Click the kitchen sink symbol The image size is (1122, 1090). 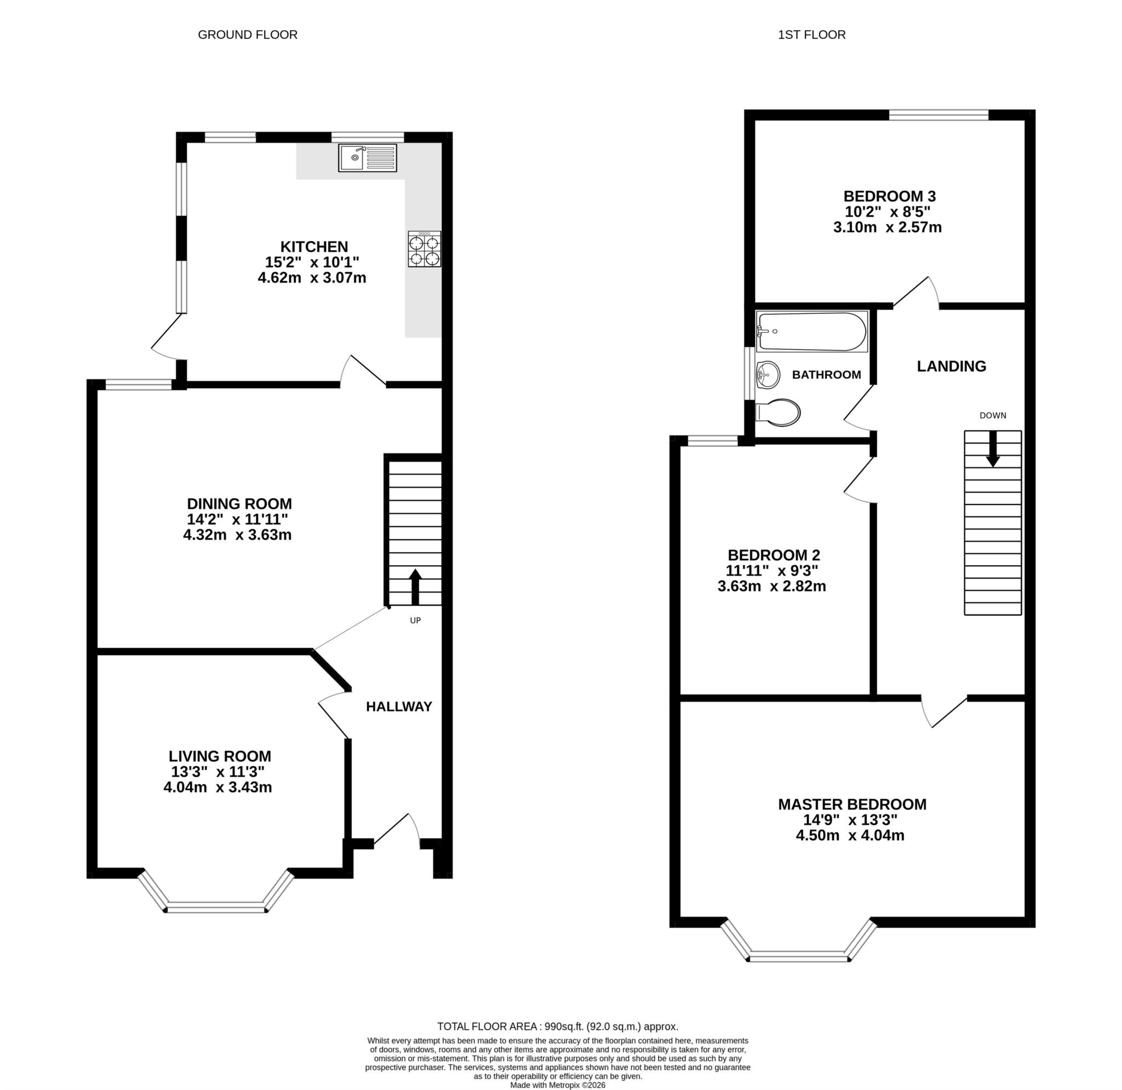367,158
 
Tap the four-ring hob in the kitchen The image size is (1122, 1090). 424,249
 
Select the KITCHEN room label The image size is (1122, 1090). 314,246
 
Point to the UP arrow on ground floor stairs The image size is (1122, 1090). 415,586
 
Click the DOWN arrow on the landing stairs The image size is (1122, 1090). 993,448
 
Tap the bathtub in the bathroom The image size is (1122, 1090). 811,331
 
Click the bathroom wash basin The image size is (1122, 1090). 768,375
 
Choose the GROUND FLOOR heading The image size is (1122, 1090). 247,35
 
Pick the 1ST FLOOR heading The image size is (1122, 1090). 811,35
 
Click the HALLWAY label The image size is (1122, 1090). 399,707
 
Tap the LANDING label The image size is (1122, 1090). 952,366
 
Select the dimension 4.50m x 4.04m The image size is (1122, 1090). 850,835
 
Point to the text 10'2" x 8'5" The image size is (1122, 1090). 888,212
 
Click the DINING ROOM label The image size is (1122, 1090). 239,504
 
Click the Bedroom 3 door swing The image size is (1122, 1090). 917,292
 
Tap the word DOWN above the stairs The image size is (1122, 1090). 993,416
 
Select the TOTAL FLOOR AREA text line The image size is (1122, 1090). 557,1026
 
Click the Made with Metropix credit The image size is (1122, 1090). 557,1085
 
